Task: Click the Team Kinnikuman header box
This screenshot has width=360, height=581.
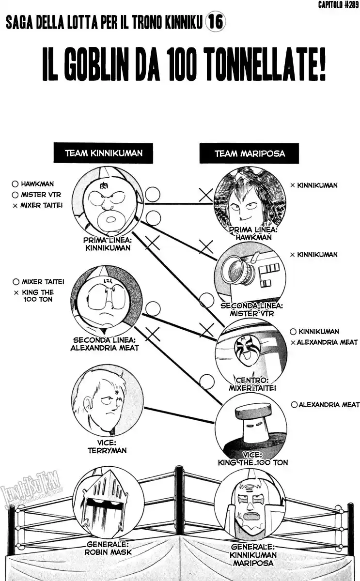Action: [103, 153]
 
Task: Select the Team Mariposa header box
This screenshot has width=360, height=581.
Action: [249, 153]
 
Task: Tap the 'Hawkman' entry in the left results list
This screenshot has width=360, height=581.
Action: [37, 184]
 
